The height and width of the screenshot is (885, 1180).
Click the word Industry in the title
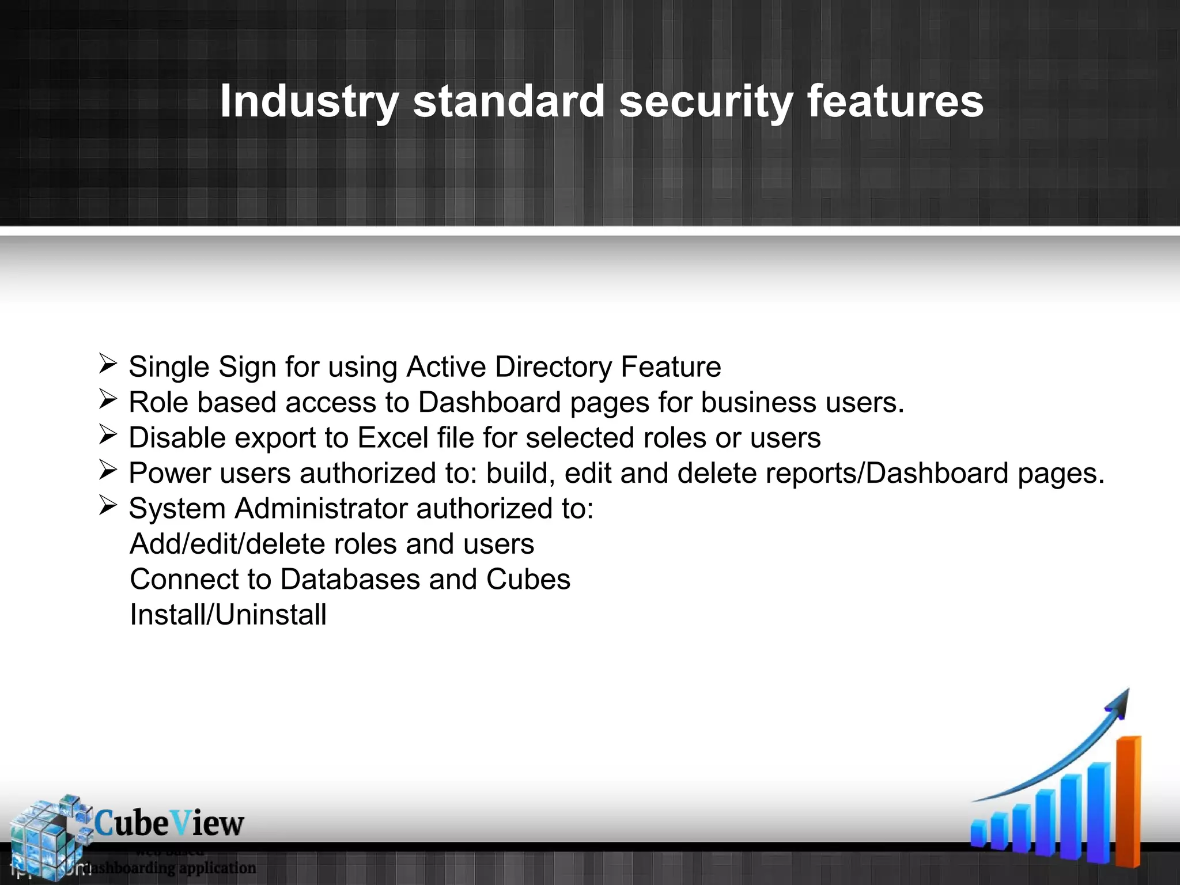point(309,101)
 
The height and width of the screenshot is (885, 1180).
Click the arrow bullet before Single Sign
point(108,364)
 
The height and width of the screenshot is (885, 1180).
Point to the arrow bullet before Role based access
point(108,399)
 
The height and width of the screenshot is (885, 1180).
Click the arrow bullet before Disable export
point(108,435)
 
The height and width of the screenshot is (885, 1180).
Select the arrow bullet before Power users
point(108,470)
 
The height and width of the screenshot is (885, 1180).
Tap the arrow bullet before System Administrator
point(108,506)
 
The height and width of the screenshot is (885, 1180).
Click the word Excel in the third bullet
point(393,438)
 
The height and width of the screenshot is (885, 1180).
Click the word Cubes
point(528,580)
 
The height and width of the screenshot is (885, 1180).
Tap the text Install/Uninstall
point(228,615)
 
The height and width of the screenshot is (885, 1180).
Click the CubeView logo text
point(169,823)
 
